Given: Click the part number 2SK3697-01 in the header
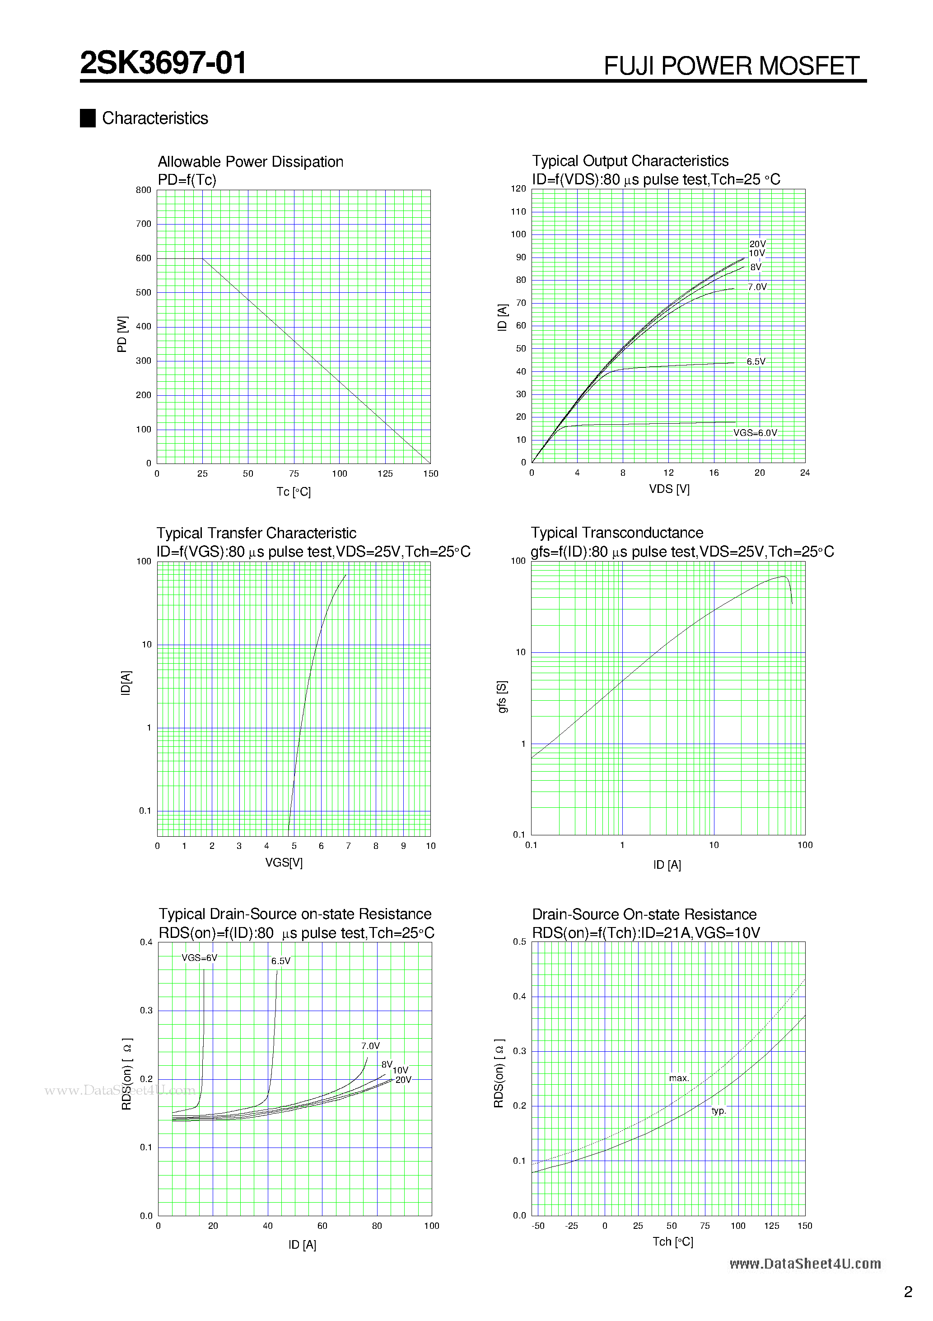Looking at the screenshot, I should (163, 63).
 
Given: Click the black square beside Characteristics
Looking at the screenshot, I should (88, 118).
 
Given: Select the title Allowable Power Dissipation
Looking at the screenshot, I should (250, 162).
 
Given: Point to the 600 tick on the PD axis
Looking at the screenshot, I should (144, 258).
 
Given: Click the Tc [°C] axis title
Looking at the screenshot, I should (294, 492).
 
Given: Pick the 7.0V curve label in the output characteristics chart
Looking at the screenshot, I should (757, 287).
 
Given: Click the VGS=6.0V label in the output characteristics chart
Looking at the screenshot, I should (755, 433).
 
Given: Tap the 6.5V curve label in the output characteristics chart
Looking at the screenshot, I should (756, 362).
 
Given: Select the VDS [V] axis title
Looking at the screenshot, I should (669, 489).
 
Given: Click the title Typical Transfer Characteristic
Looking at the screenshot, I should (256, 534).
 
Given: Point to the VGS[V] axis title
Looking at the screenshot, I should (284, 862).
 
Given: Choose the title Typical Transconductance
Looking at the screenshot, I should (616, 533).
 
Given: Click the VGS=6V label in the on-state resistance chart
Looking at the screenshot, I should (199, 958).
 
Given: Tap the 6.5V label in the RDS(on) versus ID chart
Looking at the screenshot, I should (281, 961).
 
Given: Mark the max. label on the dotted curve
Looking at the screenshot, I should (679, 1078).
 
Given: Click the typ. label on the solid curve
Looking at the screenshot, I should (718, 1110).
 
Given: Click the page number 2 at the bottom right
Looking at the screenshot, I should (908, 1292).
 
